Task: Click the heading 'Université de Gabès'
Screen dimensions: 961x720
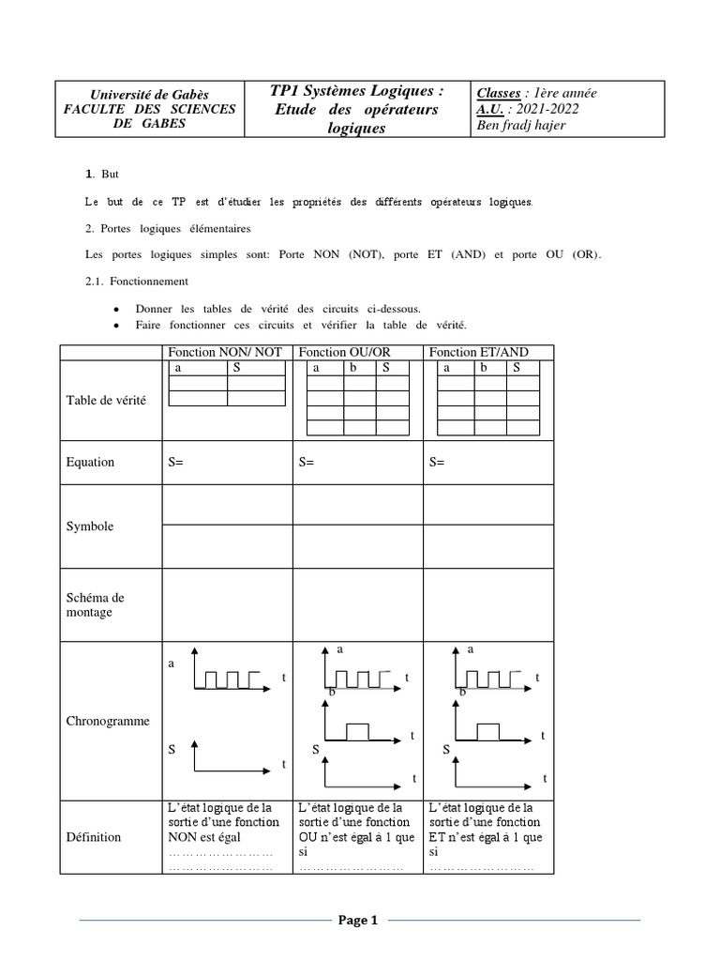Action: click(x=149, y=94)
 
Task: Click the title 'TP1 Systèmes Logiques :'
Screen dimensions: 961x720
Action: click(x=356, y=91)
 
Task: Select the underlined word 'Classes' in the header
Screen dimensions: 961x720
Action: click(x=499, y=93)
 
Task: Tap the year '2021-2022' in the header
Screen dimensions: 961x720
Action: click(x=555, y=109)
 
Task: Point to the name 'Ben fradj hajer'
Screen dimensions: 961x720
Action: click(x=521, y=125)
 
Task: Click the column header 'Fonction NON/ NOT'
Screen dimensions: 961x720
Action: click(x=224, y=352)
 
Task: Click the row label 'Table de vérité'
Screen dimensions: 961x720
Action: click(x=106, y=400)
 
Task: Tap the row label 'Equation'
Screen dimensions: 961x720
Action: click(x=90, y=462)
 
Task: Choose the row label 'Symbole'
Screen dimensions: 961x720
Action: click(x=90, y=526)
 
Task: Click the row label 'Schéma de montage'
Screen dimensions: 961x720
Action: click(x=96, y=604)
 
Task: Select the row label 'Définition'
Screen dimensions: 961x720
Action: click(x=93, y=836)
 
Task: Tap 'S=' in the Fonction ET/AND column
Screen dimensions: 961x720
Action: click(x=437, y=462)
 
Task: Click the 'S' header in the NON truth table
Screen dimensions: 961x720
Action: click(x=237, y=368)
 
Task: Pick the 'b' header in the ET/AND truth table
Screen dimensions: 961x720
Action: click(x=483, y=368)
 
